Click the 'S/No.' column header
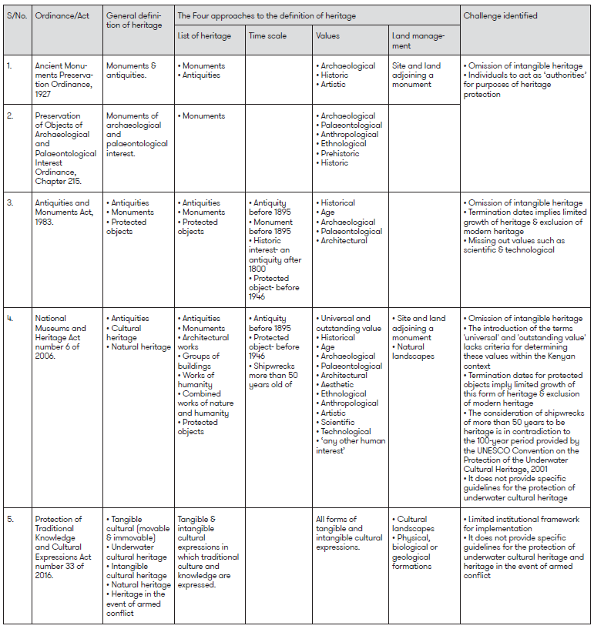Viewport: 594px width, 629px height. click(16, 15)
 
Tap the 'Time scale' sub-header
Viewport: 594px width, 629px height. click(267, 35)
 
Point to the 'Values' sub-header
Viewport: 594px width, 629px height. click(327, 35)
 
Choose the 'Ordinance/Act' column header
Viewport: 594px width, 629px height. click(61, 15)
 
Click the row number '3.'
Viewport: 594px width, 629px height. click(11, 203)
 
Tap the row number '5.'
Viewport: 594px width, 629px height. click(11, 520)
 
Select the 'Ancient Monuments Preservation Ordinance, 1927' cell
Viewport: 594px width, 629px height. click(65, 80)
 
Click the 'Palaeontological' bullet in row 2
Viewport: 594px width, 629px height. click(351, 125)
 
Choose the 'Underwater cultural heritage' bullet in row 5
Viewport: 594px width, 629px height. click(139, 552)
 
